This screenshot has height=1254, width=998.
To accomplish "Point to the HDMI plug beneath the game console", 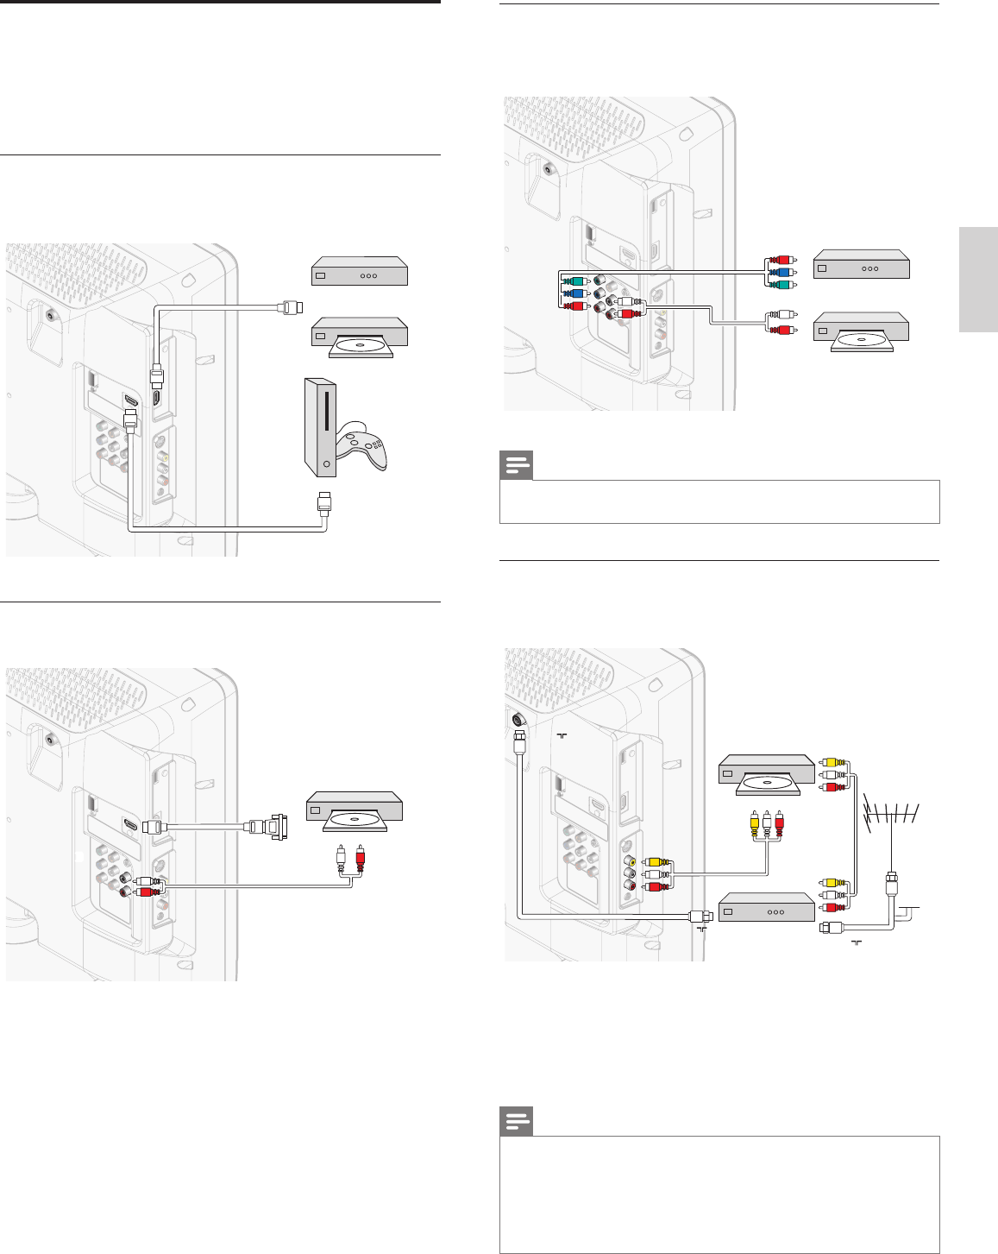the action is point(323,501).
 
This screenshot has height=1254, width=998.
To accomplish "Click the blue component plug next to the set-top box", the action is point(780,271).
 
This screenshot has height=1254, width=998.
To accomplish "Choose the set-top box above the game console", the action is point(359,271).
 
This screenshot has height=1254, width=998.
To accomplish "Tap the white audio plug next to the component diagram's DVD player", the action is point(780,316).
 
